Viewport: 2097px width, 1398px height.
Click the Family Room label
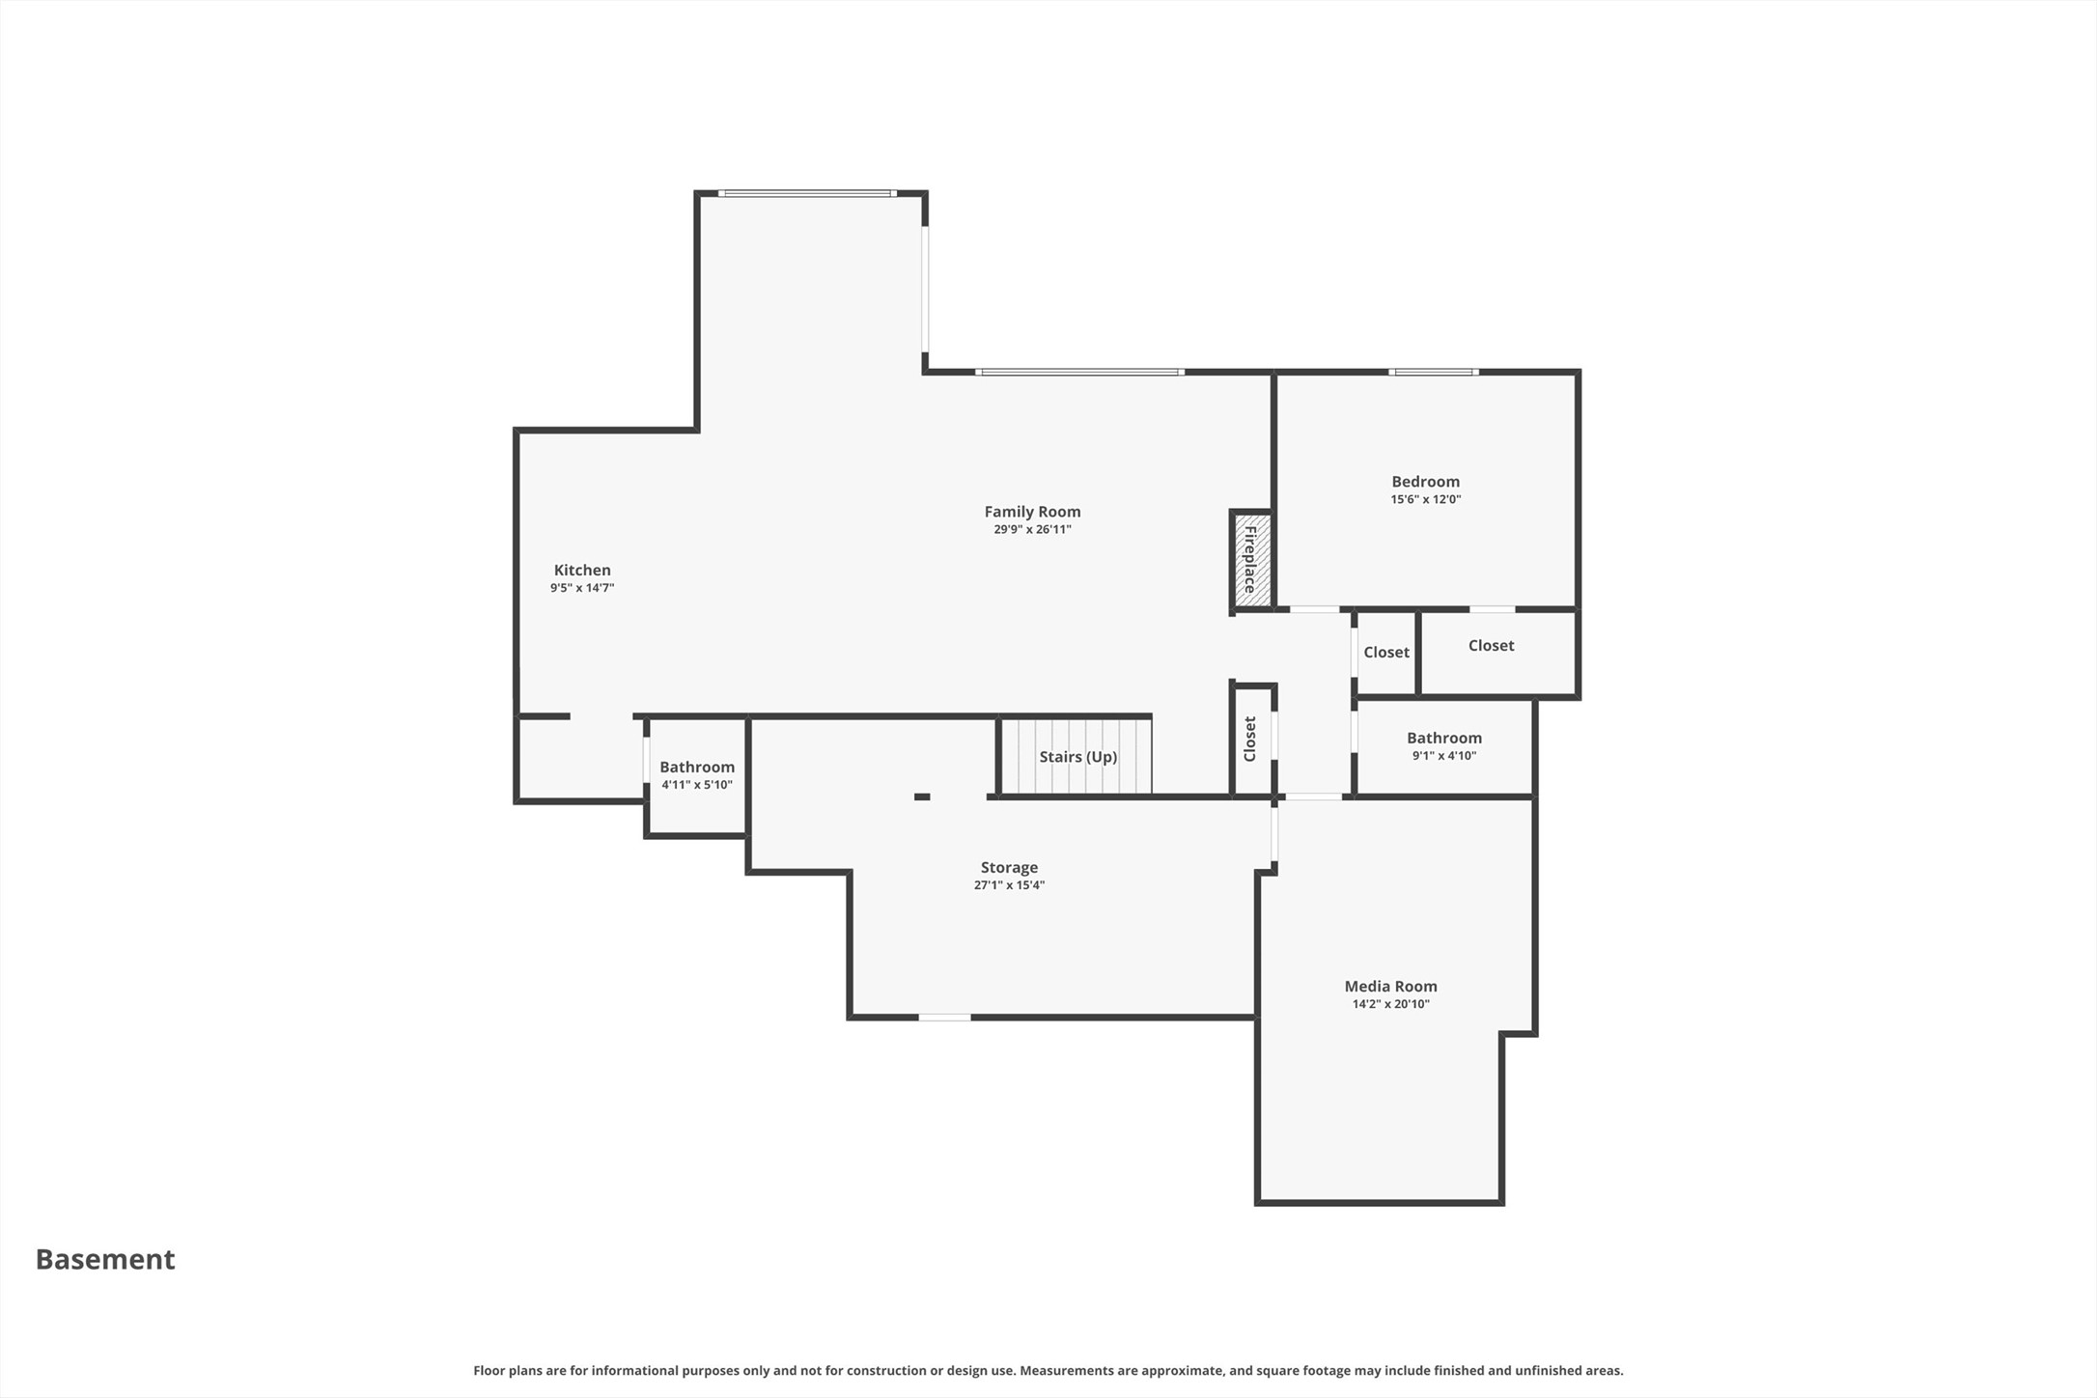click(1032, 512)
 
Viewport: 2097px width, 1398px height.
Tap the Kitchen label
click(582, 570)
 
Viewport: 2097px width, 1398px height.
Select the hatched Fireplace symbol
click(1251, 560)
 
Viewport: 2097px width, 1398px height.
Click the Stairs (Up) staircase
click(1076, 756)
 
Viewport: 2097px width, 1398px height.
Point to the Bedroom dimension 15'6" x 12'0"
click(1425, 499)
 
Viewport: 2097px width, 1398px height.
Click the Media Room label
click(1390, 986)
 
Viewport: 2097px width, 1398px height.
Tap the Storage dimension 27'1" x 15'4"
click(1009, 884)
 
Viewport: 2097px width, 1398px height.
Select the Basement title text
click(105, 1259)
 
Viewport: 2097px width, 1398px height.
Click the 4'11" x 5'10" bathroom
click(697, 774)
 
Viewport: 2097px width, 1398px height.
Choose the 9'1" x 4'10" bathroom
click(1444, 746)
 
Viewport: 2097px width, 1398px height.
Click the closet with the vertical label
click(1253, 740)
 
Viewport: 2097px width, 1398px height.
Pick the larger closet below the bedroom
click(1497, 653)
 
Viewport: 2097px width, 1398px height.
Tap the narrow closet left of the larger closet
click(1385, 653)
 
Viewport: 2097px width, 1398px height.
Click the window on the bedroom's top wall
click(1434, 372)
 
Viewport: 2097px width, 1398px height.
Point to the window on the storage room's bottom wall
click(944, 1017)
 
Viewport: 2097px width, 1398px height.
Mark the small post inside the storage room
click(922, 797)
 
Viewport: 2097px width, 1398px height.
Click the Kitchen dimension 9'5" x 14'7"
click(582, 587)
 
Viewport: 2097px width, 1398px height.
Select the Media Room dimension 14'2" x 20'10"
click(1390, 1003)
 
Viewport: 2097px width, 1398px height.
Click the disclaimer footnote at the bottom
click(1048, 1370)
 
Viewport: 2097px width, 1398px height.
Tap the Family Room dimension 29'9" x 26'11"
click(1032, 529)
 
